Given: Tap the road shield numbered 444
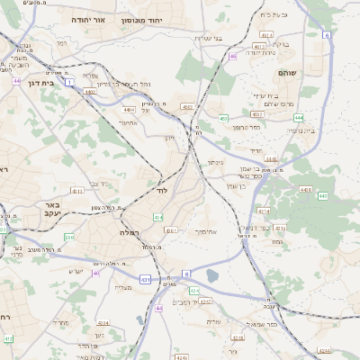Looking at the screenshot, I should click(298, 117).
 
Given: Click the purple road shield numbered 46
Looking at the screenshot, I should click(232, 57).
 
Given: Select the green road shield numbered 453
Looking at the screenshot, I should click(222, 118).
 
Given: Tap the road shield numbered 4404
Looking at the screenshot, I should click(130, 109).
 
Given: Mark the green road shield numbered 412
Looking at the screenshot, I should click(8, 338).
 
